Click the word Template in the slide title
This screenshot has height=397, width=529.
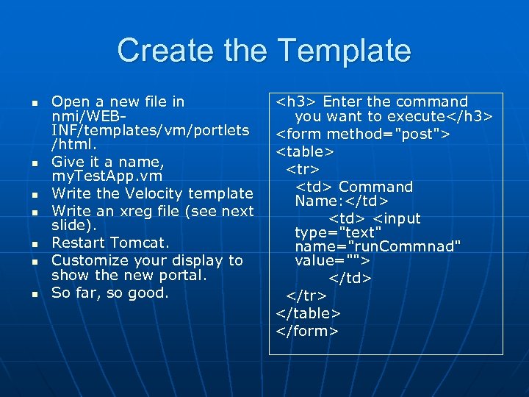[345, 51]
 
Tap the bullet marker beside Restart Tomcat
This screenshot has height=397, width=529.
[34, 243]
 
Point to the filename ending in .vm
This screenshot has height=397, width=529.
[107, 176]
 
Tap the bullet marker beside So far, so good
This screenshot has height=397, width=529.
[34, 294]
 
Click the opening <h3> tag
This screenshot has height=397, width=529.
[297, 101]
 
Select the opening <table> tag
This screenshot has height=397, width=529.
[305, 151]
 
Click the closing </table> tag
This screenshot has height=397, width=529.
[309, 313]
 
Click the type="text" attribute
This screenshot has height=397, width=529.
[338, 232]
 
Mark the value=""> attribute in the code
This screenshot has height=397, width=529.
[332, 261]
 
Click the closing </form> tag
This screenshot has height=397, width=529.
[307, 331]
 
